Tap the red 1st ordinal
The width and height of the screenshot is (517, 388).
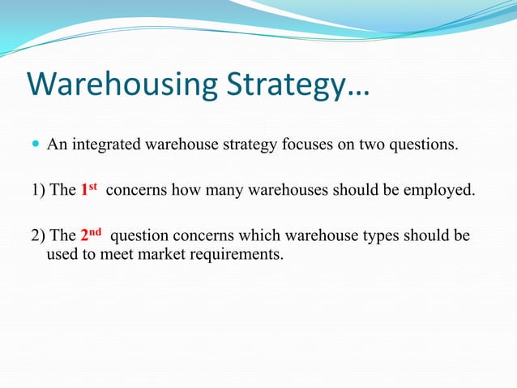pos(89,190)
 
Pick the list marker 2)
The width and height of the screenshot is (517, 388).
pos(38,236)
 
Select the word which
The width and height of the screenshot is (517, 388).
pos(264,236)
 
